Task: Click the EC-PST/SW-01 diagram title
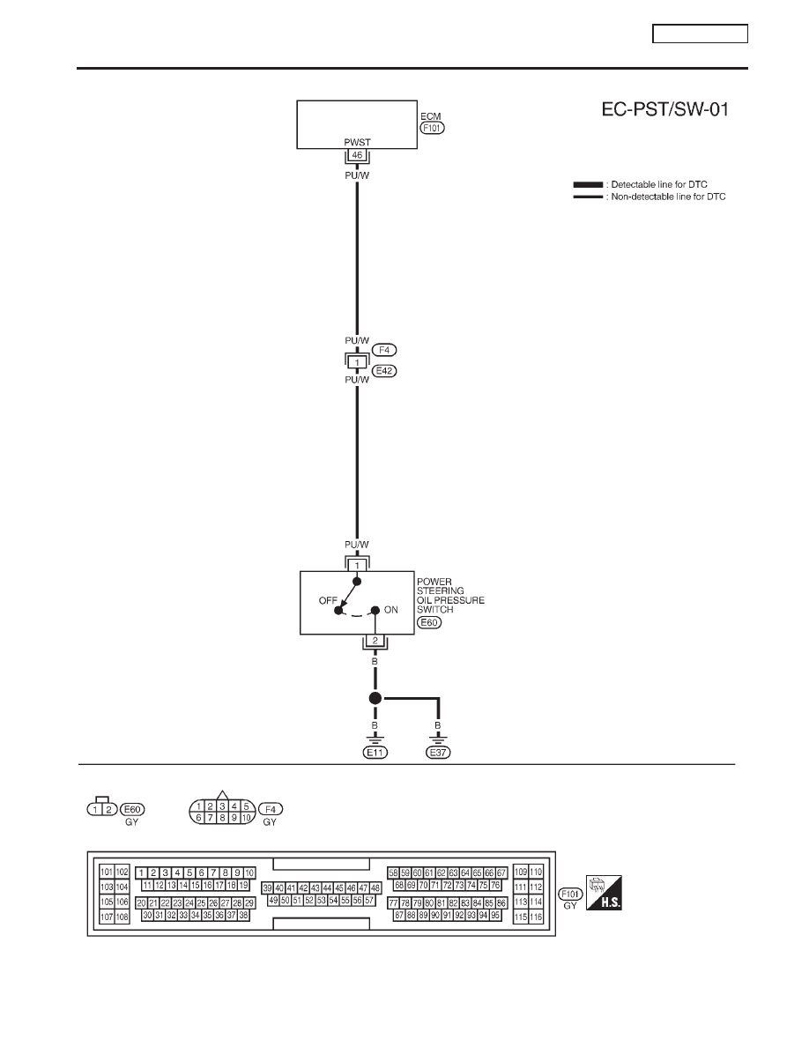664,109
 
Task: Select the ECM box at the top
357,124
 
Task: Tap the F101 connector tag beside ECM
433,128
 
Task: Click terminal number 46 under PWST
357,155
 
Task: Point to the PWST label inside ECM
357,142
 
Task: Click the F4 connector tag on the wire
384,350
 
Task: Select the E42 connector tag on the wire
384,370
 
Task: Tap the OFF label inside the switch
328,600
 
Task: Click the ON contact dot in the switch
375,610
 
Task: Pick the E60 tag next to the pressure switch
429,622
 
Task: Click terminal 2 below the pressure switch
375,641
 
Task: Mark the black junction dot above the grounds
375,699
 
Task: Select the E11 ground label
375,753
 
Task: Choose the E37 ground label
438,753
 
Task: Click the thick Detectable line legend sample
588,184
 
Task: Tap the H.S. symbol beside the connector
604,892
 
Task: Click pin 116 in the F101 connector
536,917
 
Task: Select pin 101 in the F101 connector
107,872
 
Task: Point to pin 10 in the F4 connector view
246,817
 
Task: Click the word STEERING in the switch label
440,591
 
